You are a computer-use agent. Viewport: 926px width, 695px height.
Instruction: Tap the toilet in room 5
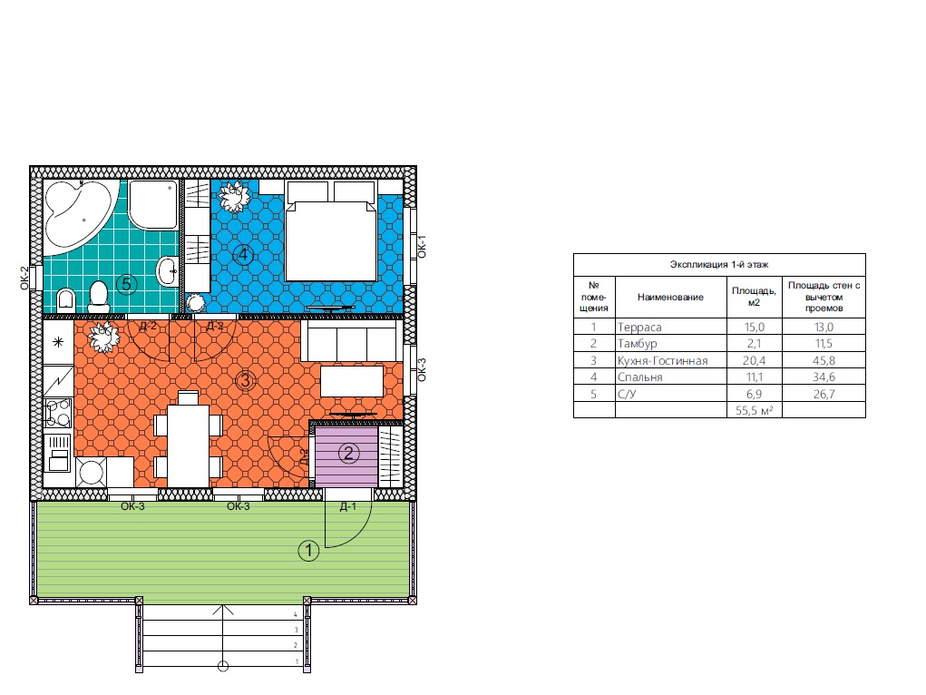[99, 297]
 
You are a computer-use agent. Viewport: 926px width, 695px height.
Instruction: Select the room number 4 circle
[243, 255]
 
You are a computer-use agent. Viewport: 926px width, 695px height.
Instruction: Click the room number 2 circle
[348, 454]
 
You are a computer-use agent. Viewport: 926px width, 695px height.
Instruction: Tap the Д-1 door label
[348, 506]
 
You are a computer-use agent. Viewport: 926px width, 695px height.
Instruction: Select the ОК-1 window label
[422, 247]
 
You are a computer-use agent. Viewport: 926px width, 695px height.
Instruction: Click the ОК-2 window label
[24, 278]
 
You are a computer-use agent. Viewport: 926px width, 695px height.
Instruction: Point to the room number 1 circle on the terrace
[308, 551]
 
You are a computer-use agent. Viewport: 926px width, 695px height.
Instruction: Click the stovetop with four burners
[58, 412]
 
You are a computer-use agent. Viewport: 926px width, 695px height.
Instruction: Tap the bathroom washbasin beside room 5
[167, 272]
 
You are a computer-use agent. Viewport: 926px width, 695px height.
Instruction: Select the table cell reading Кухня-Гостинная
[663, 360]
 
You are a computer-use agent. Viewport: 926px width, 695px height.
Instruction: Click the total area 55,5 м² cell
[755, 410]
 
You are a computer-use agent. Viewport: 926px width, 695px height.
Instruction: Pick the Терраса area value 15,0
[755, 327]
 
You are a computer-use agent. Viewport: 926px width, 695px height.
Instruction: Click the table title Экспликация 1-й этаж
[719, 264]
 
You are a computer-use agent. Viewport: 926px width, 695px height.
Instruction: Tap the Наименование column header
[670, 297]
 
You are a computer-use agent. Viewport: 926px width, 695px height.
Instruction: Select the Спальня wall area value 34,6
[824, 377]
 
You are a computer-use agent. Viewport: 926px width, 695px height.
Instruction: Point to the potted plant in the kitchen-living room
[104, 338]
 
